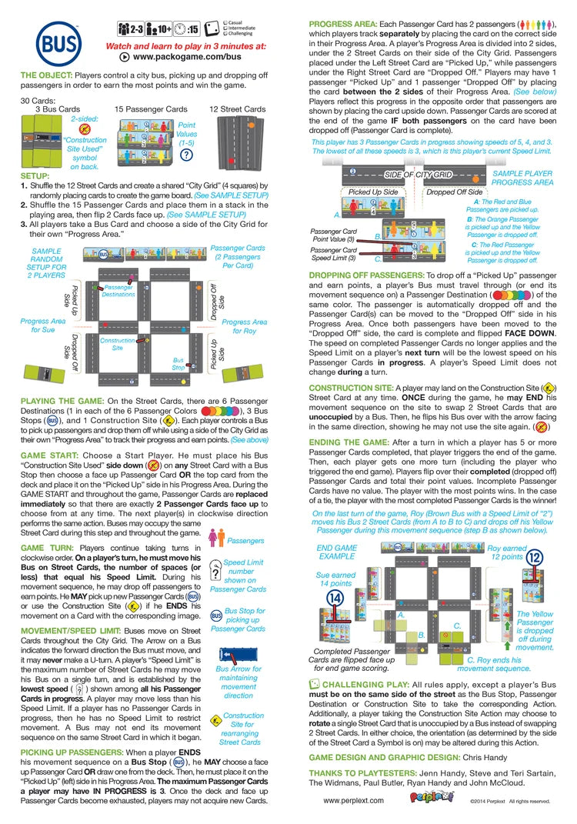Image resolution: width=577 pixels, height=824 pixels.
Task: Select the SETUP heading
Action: (35, 176)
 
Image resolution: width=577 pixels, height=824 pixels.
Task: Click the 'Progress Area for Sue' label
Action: (42, 325)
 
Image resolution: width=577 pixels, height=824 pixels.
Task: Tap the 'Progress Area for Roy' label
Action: (245, 326)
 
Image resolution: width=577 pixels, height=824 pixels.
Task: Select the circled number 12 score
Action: (535, 557)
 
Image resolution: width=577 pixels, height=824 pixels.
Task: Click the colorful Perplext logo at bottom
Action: (429, 800)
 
